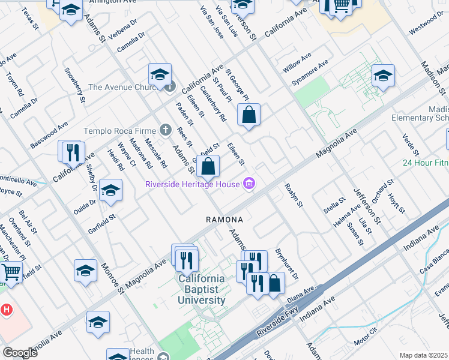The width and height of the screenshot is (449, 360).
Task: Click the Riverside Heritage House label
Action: point(192,184)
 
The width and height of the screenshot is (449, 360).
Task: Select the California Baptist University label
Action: point(201,289)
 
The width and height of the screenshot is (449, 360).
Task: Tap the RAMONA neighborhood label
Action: point(224,220)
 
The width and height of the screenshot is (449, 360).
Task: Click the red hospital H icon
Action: point(6,310)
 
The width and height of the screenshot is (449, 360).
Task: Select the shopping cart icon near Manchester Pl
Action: point(11,273)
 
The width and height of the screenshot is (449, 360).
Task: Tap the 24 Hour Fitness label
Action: point(426,163)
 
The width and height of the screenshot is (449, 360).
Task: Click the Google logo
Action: point(20,353)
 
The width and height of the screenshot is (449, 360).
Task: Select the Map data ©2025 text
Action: point(423,355)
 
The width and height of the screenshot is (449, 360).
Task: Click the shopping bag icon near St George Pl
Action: point(249,113)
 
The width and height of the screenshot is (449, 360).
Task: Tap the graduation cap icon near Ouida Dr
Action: point(110,190)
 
